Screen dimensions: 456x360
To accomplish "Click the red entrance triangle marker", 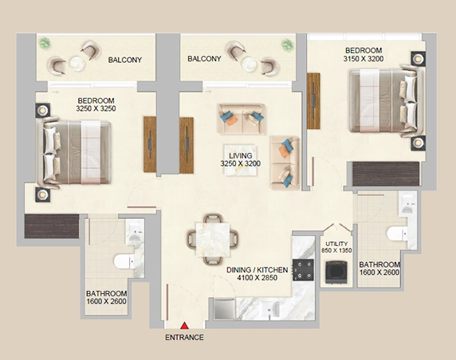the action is coord(184,326).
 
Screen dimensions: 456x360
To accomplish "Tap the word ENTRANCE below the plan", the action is coord(184,338).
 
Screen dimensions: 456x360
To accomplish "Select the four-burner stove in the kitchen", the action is coord(303,270).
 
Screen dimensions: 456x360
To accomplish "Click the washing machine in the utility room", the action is coord(336,272).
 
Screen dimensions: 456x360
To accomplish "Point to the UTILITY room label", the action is coord(336,244).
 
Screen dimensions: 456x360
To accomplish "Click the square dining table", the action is coord(213,240).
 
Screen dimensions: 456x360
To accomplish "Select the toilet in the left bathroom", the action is coord(124,261).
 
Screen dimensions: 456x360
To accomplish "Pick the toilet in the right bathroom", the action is coord(397,233).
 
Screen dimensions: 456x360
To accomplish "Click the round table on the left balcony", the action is coord(77,64).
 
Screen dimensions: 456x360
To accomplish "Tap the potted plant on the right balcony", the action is coord(287,45).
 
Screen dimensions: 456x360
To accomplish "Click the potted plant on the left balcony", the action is coord(45,43).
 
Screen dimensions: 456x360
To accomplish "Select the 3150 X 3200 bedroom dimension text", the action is coord(364,59).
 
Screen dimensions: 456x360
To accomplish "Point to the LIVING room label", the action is coord(241,156).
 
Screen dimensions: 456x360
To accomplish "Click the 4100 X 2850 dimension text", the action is coord(257,278).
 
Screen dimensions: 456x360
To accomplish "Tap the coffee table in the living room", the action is coord(241,160).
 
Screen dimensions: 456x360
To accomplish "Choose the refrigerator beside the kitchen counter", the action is coord(225,310).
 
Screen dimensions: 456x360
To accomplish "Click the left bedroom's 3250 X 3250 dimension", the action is coord(96,108).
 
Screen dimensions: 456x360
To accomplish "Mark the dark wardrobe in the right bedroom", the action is coord(386,174).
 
